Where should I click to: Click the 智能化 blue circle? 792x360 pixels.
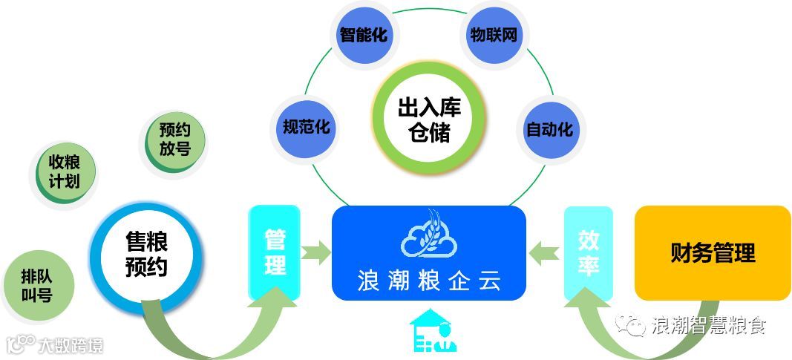point(363,35)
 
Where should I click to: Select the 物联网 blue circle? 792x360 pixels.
point(493,35)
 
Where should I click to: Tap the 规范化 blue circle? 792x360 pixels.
point(305,127)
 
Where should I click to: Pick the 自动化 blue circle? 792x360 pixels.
point(549,128)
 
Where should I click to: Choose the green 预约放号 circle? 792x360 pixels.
point(174,140)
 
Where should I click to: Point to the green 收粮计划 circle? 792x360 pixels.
point(65,171)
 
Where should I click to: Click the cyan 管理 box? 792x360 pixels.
point(275,252)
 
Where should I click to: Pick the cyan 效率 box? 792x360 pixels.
point(589,253)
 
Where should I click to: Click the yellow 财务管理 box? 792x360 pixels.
point(713,253)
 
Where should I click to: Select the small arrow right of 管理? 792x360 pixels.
point(315,252)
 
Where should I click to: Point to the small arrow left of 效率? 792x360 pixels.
point(546,252)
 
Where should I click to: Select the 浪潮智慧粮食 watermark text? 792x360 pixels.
point(708,325)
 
